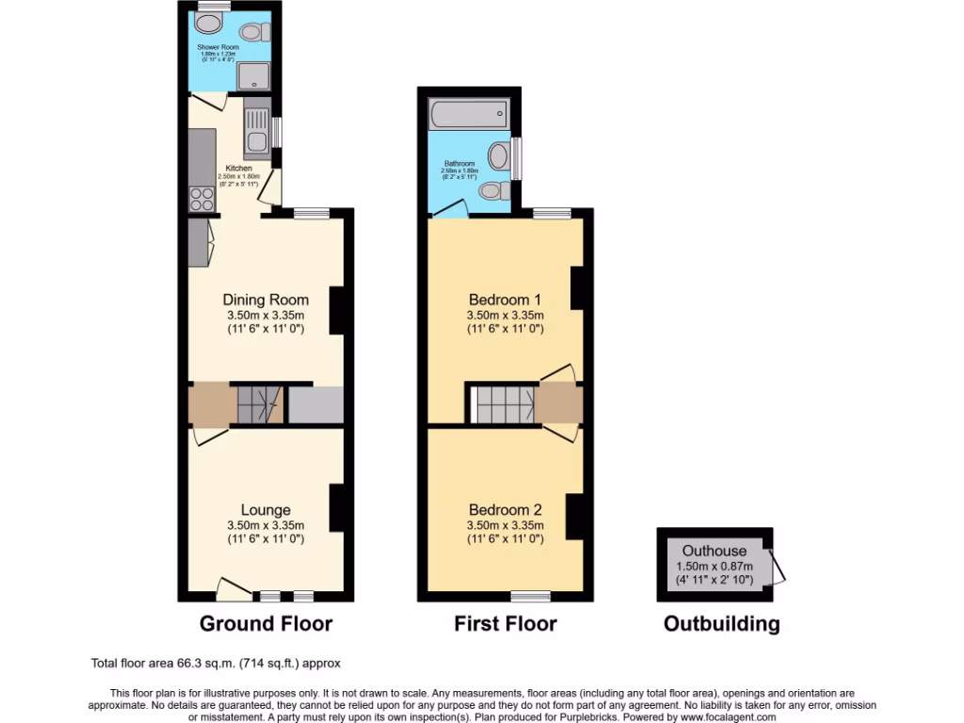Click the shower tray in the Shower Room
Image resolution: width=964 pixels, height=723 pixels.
251,75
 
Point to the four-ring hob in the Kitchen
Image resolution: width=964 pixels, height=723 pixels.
202,198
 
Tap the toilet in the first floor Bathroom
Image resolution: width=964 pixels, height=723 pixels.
493,191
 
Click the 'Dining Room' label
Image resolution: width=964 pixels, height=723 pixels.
265,300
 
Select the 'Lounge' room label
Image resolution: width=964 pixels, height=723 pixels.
265,510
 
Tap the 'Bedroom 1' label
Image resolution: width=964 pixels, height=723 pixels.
506,300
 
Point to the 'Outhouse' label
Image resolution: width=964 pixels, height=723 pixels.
715,551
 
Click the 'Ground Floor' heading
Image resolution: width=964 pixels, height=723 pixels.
265,623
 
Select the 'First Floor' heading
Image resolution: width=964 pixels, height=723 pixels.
506,623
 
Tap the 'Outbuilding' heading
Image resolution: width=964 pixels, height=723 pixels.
721,623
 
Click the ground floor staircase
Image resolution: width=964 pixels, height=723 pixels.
258,405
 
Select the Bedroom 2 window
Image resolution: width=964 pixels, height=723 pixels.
531,596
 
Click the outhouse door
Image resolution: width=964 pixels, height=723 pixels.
778,568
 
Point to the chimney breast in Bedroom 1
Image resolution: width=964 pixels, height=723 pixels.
577,287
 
